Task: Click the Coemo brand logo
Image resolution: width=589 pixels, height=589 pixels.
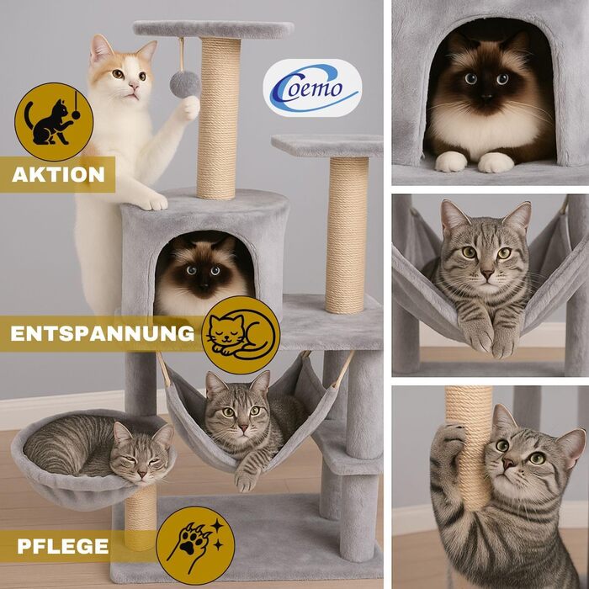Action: tap(312, 88)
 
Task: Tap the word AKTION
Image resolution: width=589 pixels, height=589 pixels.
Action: tap(58, 175)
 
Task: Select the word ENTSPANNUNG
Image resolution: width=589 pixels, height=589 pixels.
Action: tap(102, 333)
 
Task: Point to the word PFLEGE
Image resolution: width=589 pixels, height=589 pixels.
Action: tap(63, 546)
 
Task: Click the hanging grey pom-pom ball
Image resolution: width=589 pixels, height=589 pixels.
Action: tap(185, 84)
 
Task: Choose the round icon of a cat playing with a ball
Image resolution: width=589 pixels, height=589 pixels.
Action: tap(54, 122)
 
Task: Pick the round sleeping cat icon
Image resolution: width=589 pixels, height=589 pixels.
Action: tap(241, 335)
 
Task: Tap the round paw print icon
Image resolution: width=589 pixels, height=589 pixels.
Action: tap(195, 545)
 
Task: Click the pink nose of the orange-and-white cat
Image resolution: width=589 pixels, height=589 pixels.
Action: tap(134, 87)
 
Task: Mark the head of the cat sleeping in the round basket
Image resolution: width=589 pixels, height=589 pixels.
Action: tap(143, 454)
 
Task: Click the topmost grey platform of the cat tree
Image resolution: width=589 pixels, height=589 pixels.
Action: tap(214, 29)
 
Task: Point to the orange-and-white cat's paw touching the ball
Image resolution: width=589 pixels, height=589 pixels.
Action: tap(188, 109)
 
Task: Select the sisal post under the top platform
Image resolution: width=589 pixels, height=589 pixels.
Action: tap(219, 119)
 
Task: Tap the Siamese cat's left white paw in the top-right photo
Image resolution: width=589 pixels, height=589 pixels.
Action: tap(451, 162)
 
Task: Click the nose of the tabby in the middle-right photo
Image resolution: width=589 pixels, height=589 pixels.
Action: tap(487, 273)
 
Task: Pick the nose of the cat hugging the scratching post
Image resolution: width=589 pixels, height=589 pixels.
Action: tap(508, 463)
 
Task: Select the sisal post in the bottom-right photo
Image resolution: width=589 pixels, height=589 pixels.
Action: tap(469, 447)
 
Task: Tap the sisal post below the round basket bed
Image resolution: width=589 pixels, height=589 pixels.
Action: tap(141, 518)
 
